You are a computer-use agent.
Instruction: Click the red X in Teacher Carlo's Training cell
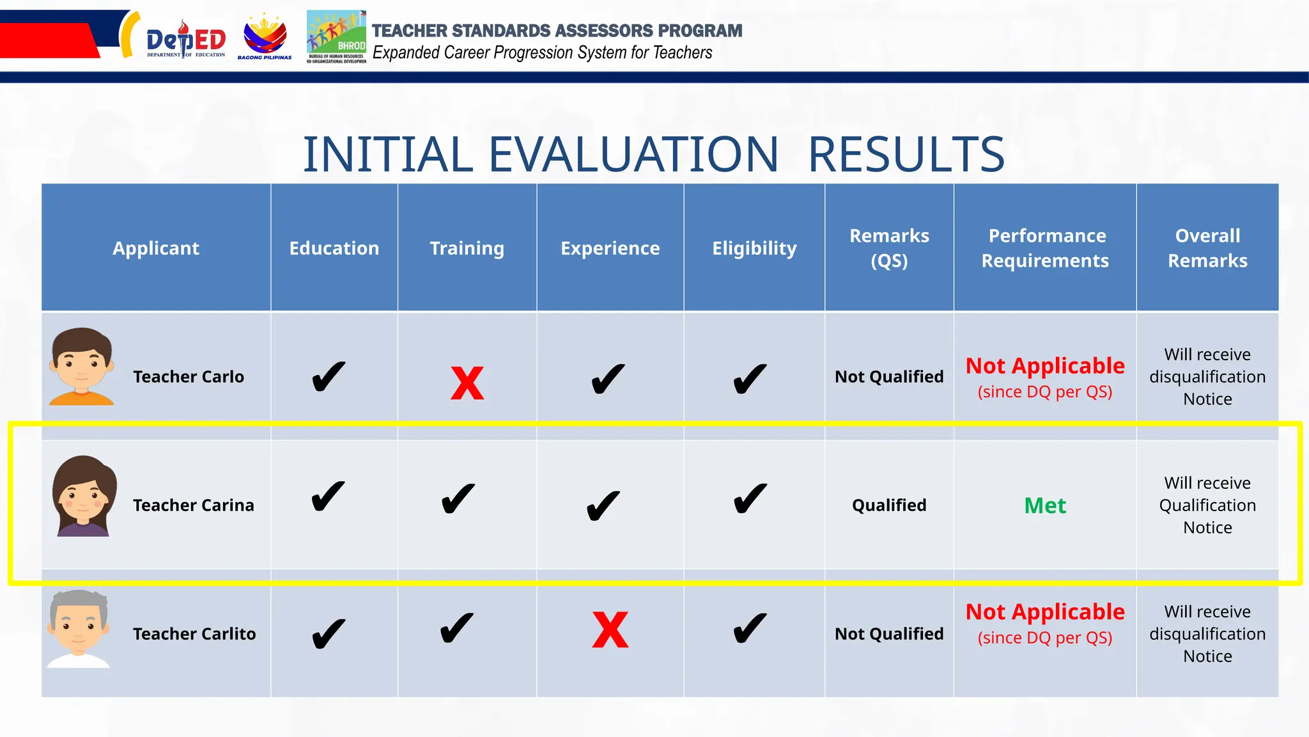pyautogui.click(x=467, y=383)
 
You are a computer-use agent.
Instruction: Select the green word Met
pyautogui.click(x=1044, y=506)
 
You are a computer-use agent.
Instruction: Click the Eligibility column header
pyautogui.click(x=754, y=248)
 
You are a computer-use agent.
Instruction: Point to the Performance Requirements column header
pyautogui.click(x=1045, y=248)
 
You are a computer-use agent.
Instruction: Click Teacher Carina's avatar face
pyautogui.click(x=84, y=496)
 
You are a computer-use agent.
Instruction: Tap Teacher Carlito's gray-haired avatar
pyautogui.click(x=79, y=629)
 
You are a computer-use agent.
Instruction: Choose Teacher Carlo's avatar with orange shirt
pyautogui.click(x=81, y=367)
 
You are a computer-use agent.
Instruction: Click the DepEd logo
pyautogui.click(x=185, y=41)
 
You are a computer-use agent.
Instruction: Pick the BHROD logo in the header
pyautogui.click(x=336, y=37)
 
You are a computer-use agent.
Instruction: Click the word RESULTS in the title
pyautogui.click(x=906, y=155)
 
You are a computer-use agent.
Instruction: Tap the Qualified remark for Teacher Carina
pyautogui.click(x=888, y=505)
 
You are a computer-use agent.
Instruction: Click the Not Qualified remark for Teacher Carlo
pyautogui.click(x=888, y=377)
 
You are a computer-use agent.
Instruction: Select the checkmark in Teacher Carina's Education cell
pyautogui.click(x=329, y=496)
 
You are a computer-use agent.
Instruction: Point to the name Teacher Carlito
pyautogui.click(x=194, y=634)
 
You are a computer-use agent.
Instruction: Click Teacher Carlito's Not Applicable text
pyautogui.click(x=1044, y=612)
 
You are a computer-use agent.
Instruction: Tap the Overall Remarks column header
pyautogui.click(x=1207, y=248)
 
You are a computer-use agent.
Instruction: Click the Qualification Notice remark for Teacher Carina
pyautogui.click(x=1207, y=505)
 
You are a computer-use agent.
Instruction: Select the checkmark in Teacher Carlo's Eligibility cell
pyautogui.click(x=749, y=379)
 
